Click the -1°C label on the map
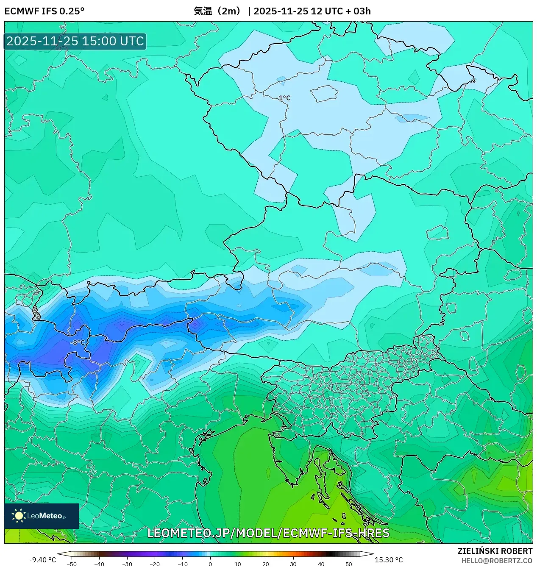point(284,98)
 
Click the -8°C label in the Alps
point(78,342)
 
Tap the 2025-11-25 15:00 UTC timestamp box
point(75,41)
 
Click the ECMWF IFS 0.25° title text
point(45,11)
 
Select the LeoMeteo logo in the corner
point(42,516)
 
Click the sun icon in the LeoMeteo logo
point(19,515)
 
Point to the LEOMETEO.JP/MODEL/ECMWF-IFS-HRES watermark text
point(268,533)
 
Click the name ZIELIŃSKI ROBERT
point(495,551)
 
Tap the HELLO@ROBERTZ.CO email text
point(497,561)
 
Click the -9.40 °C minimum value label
point(42,560)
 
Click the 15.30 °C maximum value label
point(388,560)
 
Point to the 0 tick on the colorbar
point(210,564)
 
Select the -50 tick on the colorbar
point(72,564)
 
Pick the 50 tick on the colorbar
point(349,564)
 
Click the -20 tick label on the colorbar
point(155,564)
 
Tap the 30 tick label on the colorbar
point(293,564)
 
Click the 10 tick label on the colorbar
point(238,564)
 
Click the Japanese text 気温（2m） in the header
point(217,11)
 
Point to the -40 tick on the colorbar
point(99,564)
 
